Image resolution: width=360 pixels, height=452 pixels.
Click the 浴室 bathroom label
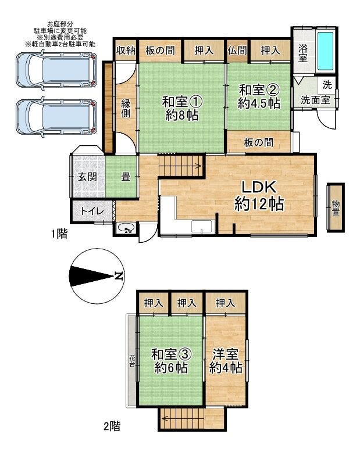[302, 53]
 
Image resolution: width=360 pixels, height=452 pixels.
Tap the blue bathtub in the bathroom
[325, 51]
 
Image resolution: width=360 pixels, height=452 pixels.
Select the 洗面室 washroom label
[315, 100]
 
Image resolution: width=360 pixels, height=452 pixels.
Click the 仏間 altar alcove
[237, 51]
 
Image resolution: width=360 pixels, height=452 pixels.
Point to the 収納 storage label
[126, 51]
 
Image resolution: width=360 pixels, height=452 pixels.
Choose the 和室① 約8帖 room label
[181, 109]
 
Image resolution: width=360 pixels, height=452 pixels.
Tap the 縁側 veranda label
[126, 108]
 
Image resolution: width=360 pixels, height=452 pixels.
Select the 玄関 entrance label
[87, 177]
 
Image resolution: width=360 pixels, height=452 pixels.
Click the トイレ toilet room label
[92, 211]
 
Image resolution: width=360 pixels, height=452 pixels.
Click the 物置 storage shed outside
[336, 207]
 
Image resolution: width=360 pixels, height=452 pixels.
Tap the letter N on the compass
[118, 276]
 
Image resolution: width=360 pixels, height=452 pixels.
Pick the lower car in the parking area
[56, 117]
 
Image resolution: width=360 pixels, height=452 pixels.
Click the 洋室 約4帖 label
[226, 361]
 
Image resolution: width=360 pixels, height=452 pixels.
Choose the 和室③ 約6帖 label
[171, 361]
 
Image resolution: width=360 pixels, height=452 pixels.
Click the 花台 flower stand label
[132, 361]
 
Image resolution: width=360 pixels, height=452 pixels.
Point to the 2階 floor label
[112, 426]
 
